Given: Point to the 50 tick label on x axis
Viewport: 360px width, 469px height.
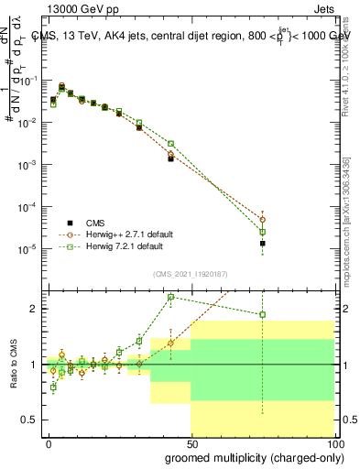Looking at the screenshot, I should coord(191,442).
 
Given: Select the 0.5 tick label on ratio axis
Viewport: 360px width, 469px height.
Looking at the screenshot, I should coord(29,420).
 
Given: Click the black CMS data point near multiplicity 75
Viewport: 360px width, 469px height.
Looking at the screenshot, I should coord(263,244).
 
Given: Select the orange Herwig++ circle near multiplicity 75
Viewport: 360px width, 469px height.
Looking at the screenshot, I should coord(263,220).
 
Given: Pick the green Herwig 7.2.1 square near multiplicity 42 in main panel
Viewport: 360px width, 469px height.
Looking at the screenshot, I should coord(170,144).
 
